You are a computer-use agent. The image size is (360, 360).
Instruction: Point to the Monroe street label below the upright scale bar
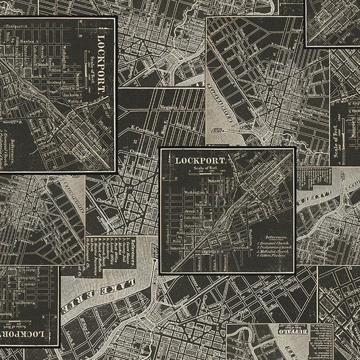[215, 181]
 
